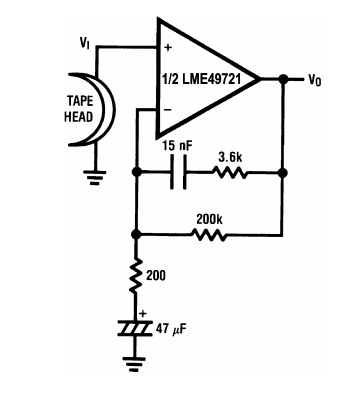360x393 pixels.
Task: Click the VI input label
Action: [x=84, y=43]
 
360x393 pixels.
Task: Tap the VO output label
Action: [x=315, y=80]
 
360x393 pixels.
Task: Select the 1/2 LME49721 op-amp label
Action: [x=201, y=80]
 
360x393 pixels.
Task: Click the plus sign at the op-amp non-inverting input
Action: [x=168, y=48]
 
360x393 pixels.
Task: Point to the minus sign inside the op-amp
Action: [x=168, y=110]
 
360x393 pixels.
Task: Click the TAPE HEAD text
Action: [x=79, y=109]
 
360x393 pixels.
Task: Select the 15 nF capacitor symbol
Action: [x=179, y=173]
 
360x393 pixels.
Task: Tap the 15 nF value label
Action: [x=178, y=146]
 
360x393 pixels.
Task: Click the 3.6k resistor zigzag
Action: [x=229, y=173]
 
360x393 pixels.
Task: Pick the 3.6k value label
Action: [x=230, y=158]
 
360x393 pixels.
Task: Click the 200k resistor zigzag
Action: [x=209, y=235]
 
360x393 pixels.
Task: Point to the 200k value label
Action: [x=209, y=219]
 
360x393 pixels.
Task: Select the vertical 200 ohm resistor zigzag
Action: [x=135, y=275]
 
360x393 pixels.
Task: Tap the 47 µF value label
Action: [x=171, y=329]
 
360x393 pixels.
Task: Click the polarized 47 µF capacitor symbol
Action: [x=135, y=327]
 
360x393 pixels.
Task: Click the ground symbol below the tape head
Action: [x=95, y=177]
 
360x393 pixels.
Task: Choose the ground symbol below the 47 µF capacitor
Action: [x=134, y=364]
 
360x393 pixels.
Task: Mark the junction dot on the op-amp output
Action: [x=283, y=79]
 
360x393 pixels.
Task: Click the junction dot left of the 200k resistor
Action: [x=135, y=234]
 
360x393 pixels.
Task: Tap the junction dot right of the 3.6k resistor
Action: [x=283, y=173]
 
